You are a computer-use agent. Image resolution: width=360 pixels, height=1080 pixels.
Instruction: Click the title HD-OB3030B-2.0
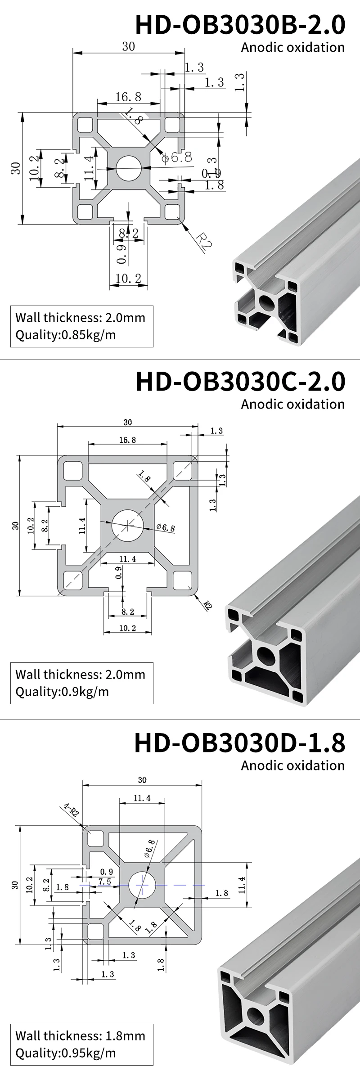(240, 25)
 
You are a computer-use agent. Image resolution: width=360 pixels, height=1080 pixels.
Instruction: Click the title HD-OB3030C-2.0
(240, 382)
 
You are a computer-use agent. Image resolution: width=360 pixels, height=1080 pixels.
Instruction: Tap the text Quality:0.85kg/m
(65, 335)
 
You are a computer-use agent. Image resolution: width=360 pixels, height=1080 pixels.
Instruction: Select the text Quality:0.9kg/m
(62, 691)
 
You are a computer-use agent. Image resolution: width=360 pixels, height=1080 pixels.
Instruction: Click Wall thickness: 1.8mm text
(80, 1035)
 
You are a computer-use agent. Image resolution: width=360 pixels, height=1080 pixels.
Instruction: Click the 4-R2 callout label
(71, 810)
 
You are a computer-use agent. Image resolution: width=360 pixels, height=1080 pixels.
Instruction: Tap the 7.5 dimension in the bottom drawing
(104, 882)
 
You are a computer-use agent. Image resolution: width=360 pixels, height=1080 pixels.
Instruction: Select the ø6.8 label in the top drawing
(177, 157)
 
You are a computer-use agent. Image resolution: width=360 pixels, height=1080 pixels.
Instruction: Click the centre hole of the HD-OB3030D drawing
(142, 885)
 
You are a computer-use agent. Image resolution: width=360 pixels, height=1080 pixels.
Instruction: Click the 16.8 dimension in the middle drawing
(127, 440)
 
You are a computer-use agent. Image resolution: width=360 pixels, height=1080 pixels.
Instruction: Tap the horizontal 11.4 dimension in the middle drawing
(127, 559)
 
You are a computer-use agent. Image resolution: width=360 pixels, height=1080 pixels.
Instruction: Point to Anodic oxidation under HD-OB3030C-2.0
(292, 404)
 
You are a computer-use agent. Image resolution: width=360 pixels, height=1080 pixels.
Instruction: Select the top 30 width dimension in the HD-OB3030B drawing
(128, 47)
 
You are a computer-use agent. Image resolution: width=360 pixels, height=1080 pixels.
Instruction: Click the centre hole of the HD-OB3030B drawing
(128, 168)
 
